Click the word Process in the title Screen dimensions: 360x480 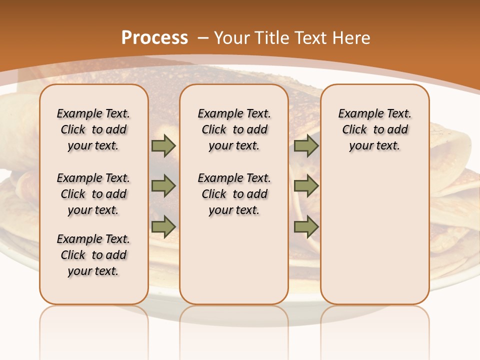154,38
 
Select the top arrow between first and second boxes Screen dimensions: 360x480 163,145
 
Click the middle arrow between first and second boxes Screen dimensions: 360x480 163,186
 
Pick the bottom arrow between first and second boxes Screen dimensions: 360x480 163,226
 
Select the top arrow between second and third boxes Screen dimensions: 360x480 306,145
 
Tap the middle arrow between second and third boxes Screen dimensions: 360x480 306,186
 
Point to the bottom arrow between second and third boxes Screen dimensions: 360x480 306,226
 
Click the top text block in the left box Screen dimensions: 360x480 93,129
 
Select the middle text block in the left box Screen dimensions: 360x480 93,194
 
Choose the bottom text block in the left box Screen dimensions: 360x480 93,255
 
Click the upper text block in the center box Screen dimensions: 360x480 234,129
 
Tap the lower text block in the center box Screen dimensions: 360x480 234,194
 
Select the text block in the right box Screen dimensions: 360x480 375,129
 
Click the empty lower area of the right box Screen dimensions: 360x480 375,235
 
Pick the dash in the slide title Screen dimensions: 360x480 203,38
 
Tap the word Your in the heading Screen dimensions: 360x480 233,38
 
